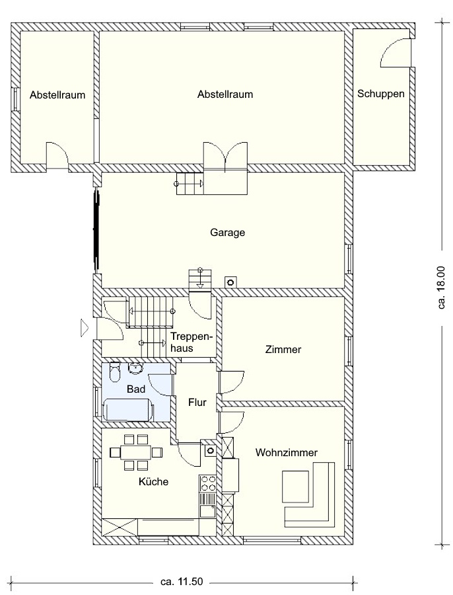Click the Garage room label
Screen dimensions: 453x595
tap(227, 232)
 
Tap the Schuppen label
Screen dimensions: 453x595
tap(380, 94)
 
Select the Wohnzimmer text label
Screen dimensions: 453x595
tap(286, 452)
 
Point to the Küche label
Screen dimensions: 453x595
tap(153, 481)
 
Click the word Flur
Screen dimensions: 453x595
tap(197, 402)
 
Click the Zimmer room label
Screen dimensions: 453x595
tap(283, 349)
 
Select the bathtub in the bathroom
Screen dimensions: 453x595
tap(128, 409)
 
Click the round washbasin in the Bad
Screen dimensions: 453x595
tap(135, 368)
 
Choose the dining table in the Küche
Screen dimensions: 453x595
tap(136, 452)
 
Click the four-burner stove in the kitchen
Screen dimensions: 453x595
tap(207, 484)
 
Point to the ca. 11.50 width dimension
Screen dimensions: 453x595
tap(182, 581)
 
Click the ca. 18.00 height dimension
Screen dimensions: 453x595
tap(441, 287)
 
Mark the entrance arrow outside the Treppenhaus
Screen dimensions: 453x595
tap(84, 327)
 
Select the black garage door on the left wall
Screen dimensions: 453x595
tap(96, 230)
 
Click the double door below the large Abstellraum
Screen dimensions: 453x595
tap(226, 156)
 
